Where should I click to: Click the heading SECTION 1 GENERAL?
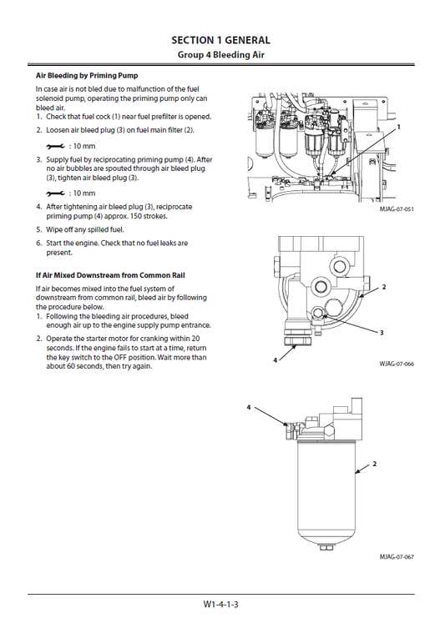[x=220, y=40]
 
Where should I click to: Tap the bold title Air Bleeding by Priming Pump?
[x=87, y=75]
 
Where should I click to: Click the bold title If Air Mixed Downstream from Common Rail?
[x=110, y=274]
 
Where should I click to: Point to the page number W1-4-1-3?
[x=221, y=605]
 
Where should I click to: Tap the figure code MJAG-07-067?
[x=397, y=556]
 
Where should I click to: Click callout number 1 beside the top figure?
[x=399, y=127]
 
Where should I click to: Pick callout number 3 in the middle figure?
[x=381, y=333]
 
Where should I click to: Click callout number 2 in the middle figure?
[x=384, y=287]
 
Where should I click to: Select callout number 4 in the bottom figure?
[x=248, y=407]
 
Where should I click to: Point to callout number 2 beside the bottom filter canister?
[x=375, y=463]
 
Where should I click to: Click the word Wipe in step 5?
[x=55, y=229]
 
